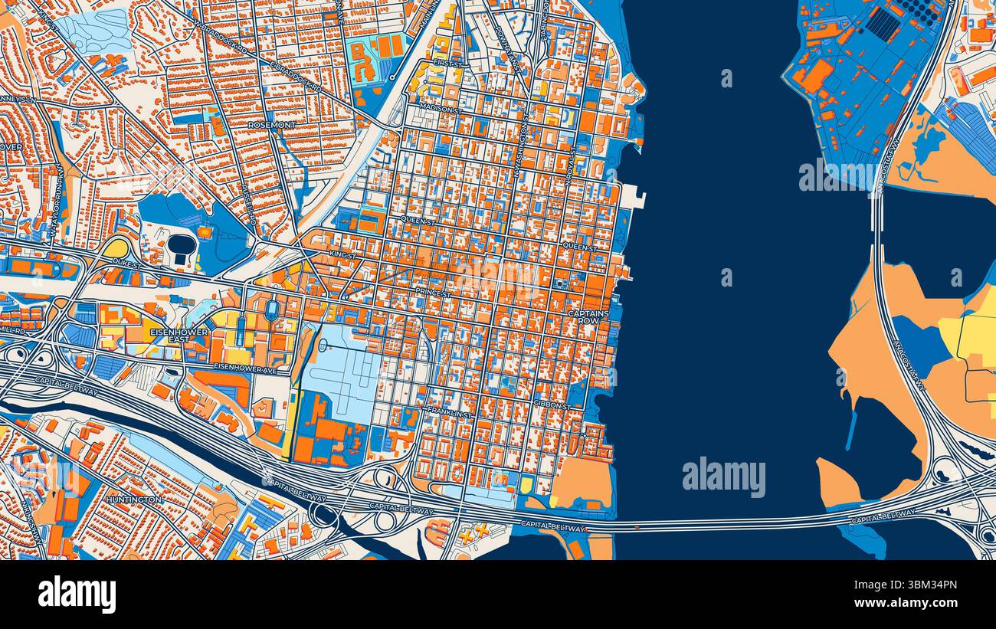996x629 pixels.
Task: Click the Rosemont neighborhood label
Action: click(272, 124)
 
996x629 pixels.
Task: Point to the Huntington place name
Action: click(134, 500)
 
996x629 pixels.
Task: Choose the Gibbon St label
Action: click(552, 404)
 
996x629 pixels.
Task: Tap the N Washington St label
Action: click(522, 153)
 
